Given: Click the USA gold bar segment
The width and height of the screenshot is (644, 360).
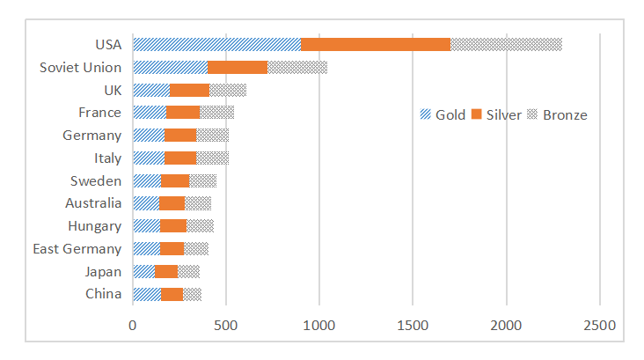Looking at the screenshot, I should [x=216, y=44].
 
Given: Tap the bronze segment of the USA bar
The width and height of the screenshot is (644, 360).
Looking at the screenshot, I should [x=506, y=44].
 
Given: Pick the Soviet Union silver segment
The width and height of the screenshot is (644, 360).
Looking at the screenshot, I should [x=238, y=67].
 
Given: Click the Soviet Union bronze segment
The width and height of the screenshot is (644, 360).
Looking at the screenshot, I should [x=297, y=67].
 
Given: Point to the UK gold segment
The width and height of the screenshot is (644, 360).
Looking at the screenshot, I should [x=151, y=90].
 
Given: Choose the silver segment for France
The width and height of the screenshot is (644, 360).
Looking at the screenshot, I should [x=183, y=112].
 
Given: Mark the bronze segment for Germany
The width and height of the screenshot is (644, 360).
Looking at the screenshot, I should [x=212, y=135].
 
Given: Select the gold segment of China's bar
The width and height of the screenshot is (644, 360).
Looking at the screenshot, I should [x=147, y=294].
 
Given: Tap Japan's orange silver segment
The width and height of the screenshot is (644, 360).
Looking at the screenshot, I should [x=166, y=271].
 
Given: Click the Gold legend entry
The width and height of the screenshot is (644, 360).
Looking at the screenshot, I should [x=443, y=115].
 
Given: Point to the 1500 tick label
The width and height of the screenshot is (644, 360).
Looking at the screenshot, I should [x=413, y=325].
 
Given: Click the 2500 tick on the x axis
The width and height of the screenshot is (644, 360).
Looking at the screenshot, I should [x=599, y=325].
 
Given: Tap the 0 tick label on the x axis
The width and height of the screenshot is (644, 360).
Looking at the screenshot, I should [x=133, y=325].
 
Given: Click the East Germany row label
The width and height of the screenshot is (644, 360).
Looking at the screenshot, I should [x=77, y=248].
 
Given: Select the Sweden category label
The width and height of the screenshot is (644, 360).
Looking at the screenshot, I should [x=96, y=180].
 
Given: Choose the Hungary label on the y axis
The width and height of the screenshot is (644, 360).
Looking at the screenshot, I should [x=94, y=226].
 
